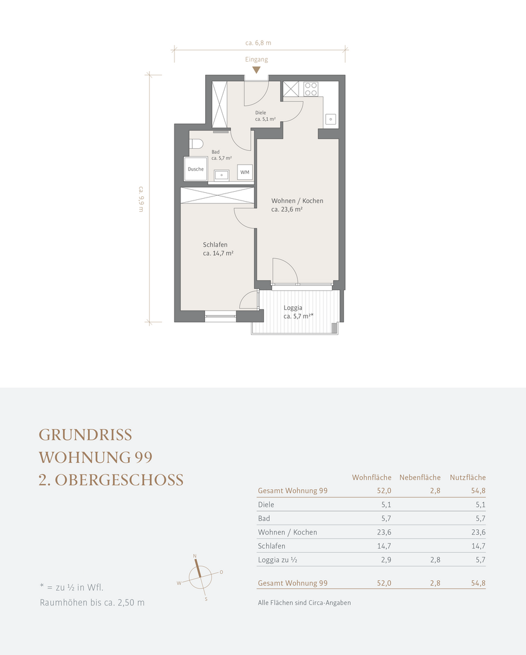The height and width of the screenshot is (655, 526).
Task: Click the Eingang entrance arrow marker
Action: pos(256,70)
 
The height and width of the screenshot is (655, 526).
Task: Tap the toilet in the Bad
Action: pos(196,144)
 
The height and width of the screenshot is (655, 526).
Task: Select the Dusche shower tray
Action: pos(196,169)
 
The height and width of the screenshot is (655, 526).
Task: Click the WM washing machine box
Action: pos(244,172)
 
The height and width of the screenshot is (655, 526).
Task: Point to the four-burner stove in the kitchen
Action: pos(310,89)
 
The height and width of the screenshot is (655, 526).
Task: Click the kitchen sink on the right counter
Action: pos(331,119)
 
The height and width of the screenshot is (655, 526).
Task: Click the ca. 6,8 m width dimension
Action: pos(258,42)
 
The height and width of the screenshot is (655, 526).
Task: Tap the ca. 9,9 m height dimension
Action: pos(141,199)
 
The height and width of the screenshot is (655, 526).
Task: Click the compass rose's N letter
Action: pos(195,556)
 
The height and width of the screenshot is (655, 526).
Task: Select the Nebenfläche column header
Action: pos(420,477)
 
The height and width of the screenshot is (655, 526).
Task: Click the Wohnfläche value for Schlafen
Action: pos(384,546)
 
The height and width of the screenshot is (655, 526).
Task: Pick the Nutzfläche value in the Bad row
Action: pos(481,519)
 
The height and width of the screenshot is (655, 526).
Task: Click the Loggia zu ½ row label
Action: pos(277,560)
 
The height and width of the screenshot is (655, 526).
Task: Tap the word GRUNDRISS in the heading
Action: pos(86,435)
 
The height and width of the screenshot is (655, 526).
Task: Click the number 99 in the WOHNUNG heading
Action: pos(143,457)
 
